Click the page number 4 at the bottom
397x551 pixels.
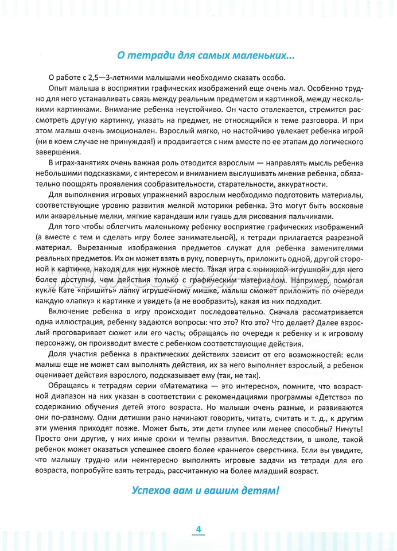198,529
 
